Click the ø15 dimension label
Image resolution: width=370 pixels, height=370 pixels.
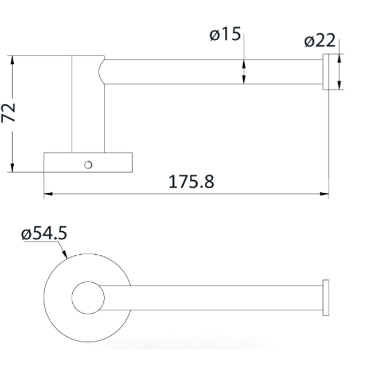click(x=225, y=34)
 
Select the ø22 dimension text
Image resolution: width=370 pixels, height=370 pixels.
click(x=320, y=40)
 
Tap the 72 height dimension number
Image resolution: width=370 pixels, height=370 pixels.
click(x=9, y=113)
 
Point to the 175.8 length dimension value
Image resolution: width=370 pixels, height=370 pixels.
click(x=192, y=181)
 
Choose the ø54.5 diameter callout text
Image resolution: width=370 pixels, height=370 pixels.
click(x=44, y=233)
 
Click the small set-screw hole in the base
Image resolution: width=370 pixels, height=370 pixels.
click(x=88, y=165)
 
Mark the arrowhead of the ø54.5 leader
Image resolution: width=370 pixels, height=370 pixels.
click(x=65, y=254)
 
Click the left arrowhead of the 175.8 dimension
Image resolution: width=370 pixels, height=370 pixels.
click(x=48, y=194)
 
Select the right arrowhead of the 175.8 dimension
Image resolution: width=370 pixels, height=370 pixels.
click(x=324, y=194)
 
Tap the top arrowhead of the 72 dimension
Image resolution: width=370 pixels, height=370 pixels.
click(x=13, y=60)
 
